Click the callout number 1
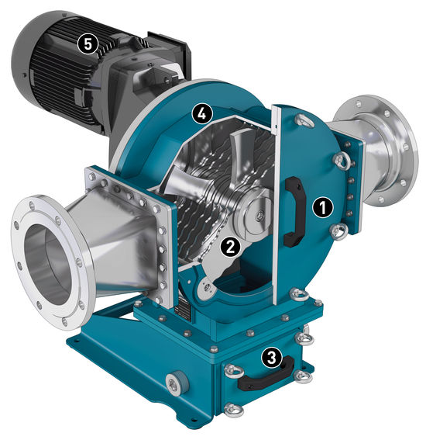323,208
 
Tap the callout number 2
230,247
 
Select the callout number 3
271,358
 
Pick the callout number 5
88,43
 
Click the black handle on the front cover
294,212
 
